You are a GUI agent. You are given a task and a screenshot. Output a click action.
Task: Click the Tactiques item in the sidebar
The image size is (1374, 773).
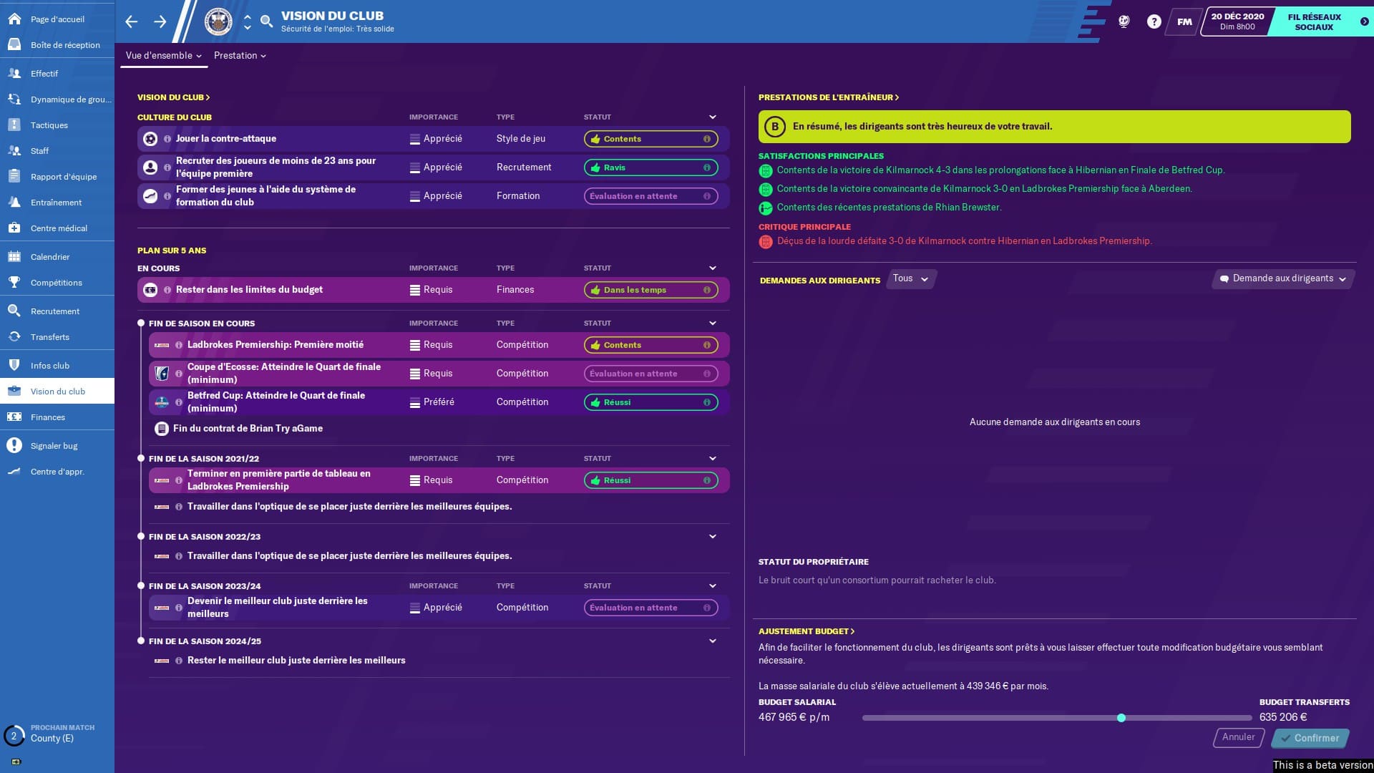click(49, 125)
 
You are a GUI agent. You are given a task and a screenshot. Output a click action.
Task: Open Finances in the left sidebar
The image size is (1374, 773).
click(47, 417)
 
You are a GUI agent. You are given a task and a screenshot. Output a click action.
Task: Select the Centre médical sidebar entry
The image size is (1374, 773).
click(59, 228)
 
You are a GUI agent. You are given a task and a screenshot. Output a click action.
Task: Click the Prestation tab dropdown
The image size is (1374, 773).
click(240, 56)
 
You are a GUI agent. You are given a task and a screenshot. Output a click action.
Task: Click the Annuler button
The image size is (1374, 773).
click(1238, 737)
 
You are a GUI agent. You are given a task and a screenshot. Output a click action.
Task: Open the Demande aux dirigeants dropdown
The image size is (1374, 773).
click(1283, 278)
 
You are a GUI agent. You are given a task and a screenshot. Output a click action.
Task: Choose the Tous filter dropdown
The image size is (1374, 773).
click(910, 278)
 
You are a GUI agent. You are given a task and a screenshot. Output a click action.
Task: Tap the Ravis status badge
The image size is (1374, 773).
click(651, 167)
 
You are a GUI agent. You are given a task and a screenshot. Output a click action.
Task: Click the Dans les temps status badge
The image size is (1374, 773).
click(651, 290)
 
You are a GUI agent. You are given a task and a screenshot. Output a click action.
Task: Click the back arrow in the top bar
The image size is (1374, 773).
click(132, 21)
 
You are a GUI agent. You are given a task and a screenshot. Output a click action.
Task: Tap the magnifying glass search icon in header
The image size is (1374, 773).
click(267, 21)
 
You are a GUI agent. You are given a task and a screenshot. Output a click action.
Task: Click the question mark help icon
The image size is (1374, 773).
click(1154, 21)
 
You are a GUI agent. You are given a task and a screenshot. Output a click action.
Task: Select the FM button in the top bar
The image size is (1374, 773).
click(1184, 21)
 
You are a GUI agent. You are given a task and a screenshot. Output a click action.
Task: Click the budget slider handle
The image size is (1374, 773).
click(1121, 718)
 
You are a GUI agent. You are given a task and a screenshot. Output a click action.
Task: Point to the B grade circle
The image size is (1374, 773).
click(774, 127)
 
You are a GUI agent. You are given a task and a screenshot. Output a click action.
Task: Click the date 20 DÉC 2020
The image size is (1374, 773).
click(1237, 21)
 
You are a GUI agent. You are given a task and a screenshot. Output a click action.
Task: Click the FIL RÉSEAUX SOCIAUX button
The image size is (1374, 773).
click(1314, 21)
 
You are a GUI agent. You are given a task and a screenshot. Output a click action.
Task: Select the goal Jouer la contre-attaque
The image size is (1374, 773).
click(226, 139)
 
